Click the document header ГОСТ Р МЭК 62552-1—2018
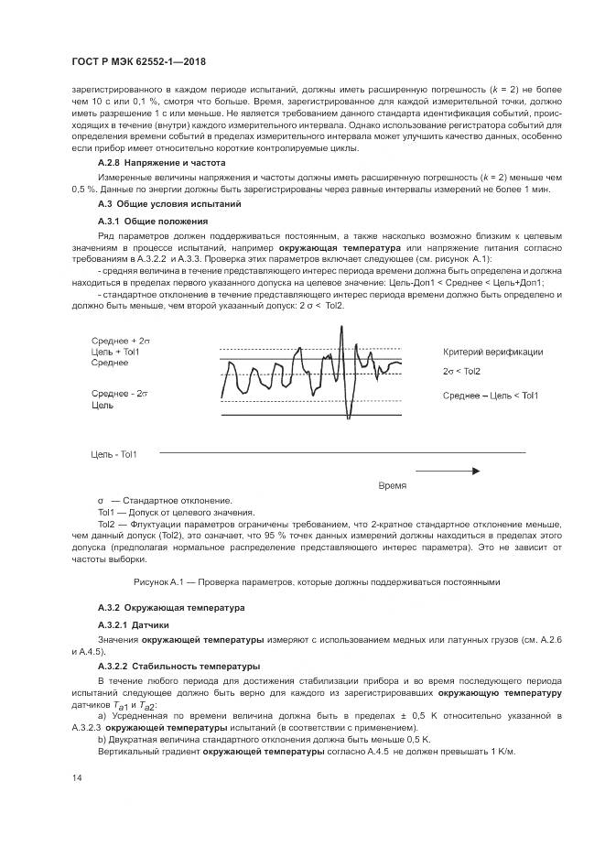tap(137, 61)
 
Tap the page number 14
tap(77, 778)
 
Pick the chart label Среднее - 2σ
tap(120, 392)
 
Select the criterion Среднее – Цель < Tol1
tap(491, 395)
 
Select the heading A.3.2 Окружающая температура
tap(171, 608)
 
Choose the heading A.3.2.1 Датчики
tap(134, 624)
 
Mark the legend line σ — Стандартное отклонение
tap(165, 500)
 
